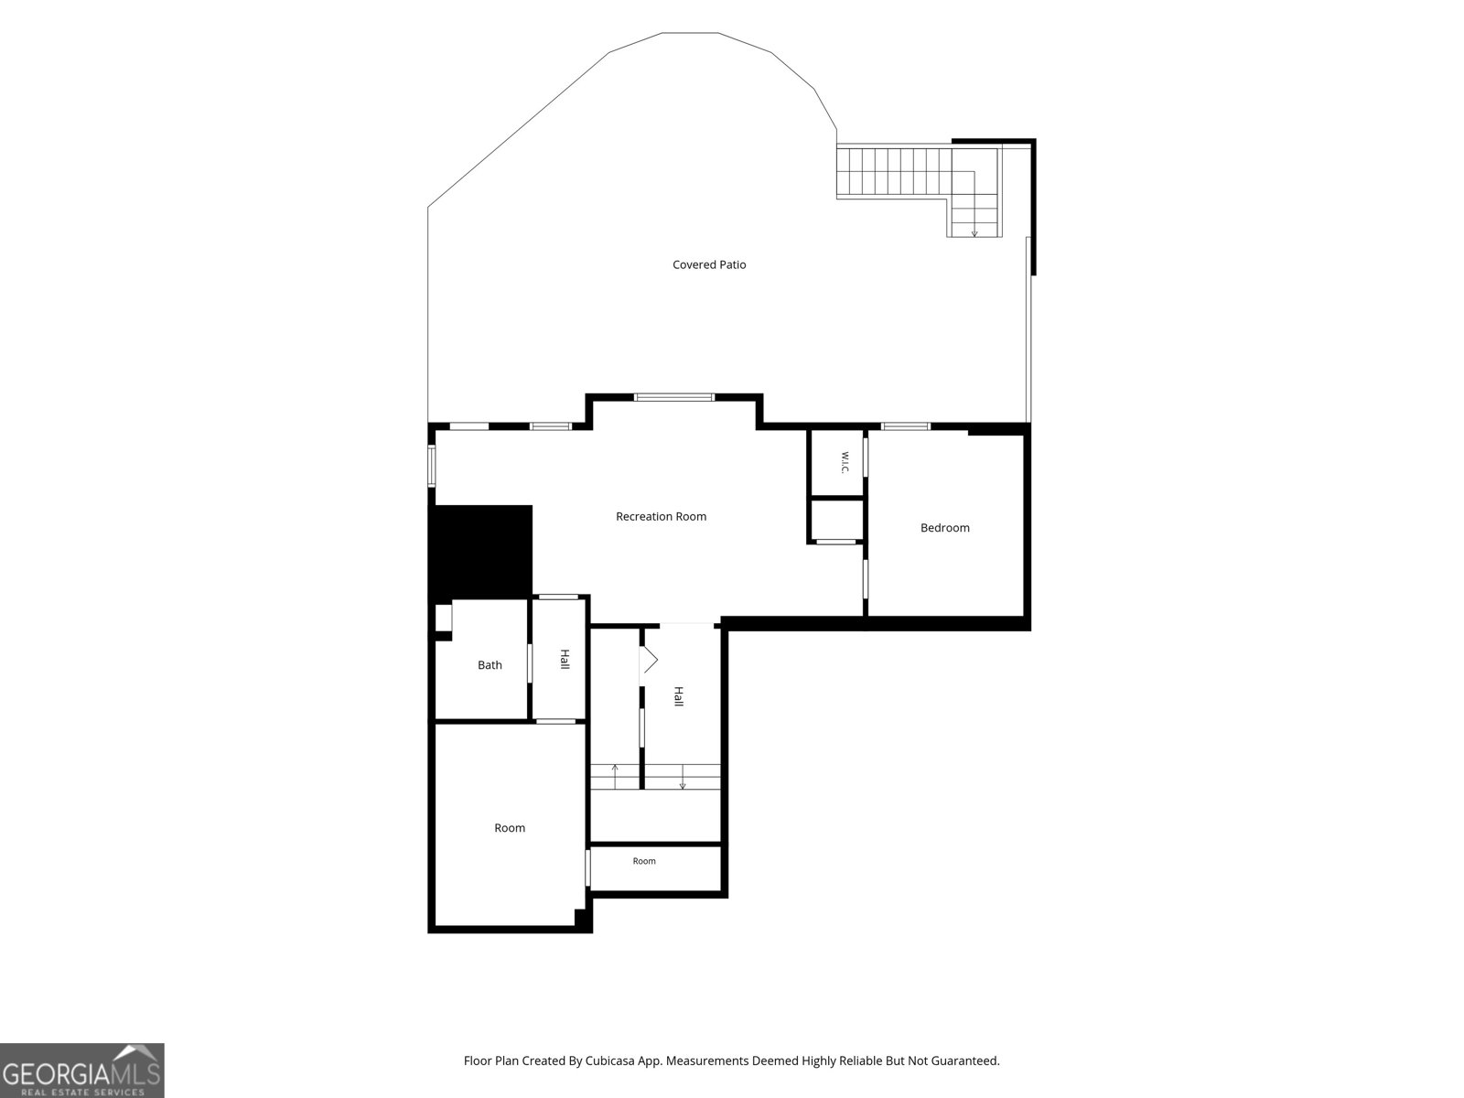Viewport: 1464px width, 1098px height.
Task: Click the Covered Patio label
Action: point(709,264)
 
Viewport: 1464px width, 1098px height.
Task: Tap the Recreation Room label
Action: point(661,516)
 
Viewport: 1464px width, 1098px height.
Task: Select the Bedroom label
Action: point(944,527)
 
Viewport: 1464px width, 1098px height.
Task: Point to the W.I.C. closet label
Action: point(845,463)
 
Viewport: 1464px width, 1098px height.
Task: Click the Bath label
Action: point(490,664)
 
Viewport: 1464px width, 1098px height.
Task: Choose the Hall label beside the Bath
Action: point(565,659)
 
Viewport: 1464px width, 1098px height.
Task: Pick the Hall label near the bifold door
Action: point(678,696)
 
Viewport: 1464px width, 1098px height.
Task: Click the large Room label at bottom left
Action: point(510,827)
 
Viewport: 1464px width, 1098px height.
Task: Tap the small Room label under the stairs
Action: point(644,861)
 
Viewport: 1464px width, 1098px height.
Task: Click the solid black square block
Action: point(483,551)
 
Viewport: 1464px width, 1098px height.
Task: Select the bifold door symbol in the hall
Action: point(649,661)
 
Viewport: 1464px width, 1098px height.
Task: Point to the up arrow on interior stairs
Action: point(615,777)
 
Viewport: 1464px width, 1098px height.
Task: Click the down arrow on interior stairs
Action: point(683,778)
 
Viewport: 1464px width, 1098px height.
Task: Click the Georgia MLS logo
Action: point(82,1071)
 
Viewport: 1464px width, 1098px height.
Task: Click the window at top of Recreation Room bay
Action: point(674,397)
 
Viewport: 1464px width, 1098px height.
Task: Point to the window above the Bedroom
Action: point(906,426)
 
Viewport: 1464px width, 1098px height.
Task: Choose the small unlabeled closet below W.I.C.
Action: point(837,520)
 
